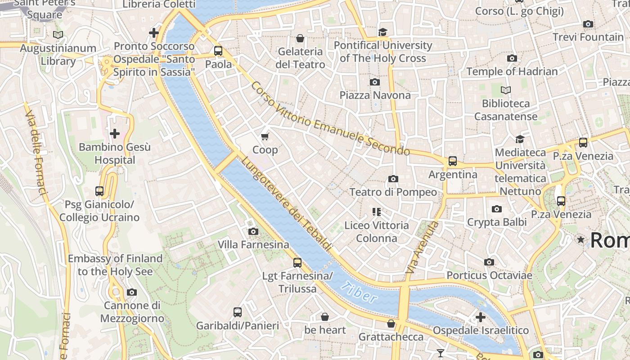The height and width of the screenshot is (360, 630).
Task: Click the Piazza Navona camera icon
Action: click(x=374, y=82)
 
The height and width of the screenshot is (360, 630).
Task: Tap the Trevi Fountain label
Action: click(x=588, y=37)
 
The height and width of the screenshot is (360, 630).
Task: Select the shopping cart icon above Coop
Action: click(x=265, y=136)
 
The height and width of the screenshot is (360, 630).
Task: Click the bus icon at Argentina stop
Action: click(x=453, y=161)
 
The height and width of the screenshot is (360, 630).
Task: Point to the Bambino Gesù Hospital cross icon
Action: click(x=115, y=134)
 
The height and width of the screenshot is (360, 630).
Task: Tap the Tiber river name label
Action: click(x=359, y=292)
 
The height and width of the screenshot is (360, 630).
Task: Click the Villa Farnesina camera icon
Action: click(x=253, y=231)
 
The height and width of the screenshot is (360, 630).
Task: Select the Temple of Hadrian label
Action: click(x=512, y=71)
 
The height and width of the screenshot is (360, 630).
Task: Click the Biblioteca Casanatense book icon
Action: click(x=506, y=90)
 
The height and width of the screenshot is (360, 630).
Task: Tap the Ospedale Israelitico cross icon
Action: click(x=481, y=317)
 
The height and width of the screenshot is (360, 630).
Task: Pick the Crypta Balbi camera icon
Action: click(x=497, y=209)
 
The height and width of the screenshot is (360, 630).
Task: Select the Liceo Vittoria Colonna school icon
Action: click(x=377, y=211)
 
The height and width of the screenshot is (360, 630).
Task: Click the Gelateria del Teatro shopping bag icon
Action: click(x=300, y=38)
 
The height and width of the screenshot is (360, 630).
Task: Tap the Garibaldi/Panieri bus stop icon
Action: click(x=238, y=312)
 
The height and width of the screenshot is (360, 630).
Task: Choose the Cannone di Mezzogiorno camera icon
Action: click(x=131, y=292)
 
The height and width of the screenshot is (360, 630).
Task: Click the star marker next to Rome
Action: click(x=581, y=240)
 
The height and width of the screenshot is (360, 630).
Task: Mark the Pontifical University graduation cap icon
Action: click(x=382, y=32)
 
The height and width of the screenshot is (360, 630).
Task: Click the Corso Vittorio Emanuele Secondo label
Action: click(x=331, y=119)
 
